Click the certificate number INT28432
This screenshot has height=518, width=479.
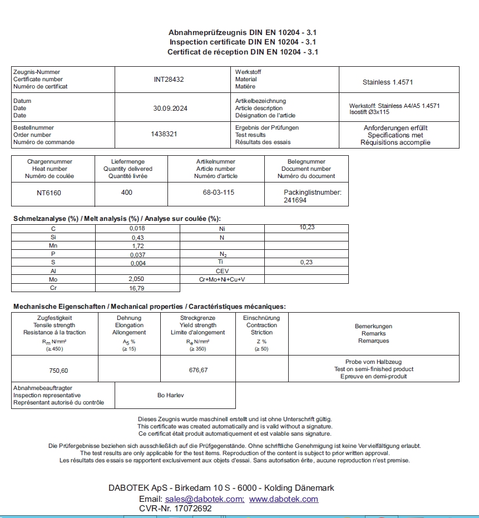coord(169,80)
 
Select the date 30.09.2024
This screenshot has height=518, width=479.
coord(170,108)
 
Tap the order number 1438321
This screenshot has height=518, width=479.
coord(164,135)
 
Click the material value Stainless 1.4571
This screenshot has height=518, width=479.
coord(388,82)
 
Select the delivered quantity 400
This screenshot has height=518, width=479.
coord(127,193)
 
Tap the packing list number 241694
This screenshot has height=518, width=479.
coord(295,200)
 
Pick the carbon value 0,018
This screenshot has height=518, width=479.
coord(137,229)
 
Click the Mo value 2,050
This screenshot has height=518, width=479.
coord(136,279)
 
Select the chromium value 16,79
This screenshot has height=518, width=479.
coord(137,288)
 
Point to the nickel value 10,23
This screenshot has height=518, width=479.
coord(307,227)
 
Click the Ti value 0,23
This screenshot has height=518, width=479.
coord(306,262)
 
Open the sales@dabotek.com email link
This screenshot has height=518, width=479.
coord(204,499)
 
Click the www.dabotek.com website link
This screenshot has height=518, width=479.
coord(284,499)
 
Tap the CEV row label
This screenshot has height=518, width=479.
coord(222,271)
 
